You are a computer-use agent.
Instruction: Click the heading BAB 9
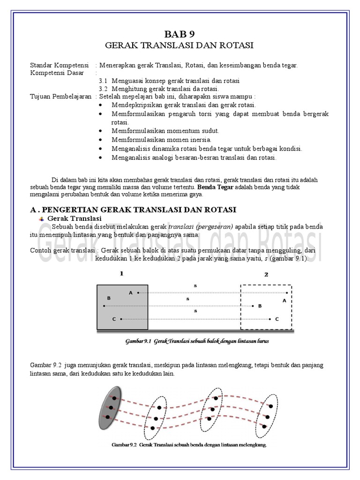(180, 34)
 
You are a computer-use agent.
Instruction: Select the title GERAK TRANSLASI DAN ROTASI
(180, 45)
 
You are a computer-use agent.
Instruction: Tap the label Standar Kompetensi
(60, 65)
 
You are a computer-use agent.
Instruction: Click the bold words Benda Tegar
(217, 187)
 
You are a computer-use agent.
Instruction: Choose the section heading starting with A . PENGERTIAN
(133, 209)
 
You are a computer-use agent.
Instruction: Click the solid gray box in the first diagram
(122, 307)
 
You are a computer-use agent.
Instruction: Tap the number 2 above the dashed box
(266, 275)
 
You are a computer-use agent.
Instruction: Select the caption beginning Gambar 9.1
(196, 341)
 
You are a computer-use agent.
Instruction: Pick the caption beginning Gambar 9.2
(189, 445)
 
